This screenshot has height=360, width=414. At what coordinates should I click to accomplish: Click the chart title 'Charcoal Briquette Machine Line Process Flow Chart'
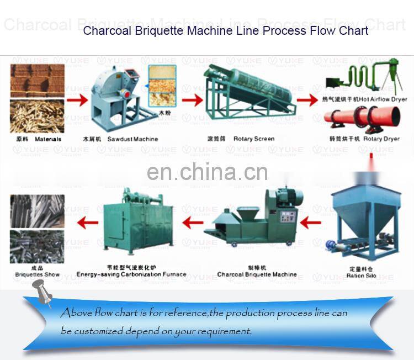coord(225,30)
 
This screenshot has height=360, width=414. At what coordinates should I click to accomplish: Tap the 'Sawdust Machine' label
coord(132,139)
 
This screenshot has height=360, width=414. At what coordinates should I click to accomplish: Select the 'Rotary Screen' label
coord(253,139)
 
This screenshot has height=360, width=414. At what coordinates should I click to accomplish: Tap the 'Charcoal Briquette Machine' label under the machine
coord(257,274)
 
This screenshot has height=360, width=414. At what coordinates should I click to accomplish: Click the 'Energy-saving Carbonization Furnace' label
coord(131,274)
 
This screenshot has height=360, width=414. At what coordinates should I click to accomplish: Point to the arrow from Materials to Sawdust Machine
coord(77,100)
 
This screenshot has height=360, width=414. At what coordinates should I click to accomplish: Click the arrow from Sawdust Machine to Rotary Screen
coord(192,100)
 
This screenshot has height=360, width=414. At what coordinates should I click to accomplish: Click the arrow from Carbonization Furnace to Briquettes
coord(88,223)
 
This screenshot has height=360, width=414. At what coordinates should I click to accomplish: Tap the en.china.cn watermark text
coord(208,172)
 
